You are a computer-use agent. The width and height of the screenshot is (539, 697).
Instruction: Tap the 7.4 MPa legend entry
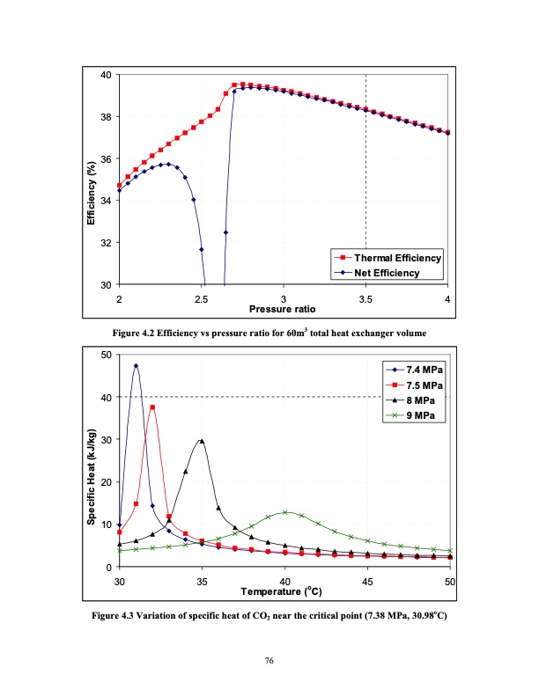click(x=415, y=371)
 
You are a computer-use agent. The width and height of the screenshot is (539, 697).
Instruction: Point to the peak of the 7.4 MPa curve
click(x=136, y=365)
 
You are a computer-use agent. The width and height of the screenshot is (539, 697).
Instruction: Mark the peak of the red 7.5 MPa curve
click(x=152, y=407)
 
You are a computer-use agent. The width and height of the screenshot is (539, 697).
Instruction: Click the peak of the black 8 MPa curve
click(x=202, y=441)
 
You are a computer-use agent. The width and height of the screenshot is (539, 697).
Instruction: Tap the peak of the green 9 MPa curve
click(x=285, y=512)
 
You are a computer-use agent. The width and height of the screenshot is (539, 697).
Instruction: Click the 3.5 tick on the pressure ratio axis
click(x=365, y=300)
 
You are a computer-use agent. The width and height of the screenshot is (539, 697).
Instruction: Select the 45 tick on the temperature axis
click(x=367, y=582)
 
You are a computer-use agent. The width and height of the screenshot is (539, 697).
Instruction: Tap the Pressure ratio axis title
click(x=283, y=310)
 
